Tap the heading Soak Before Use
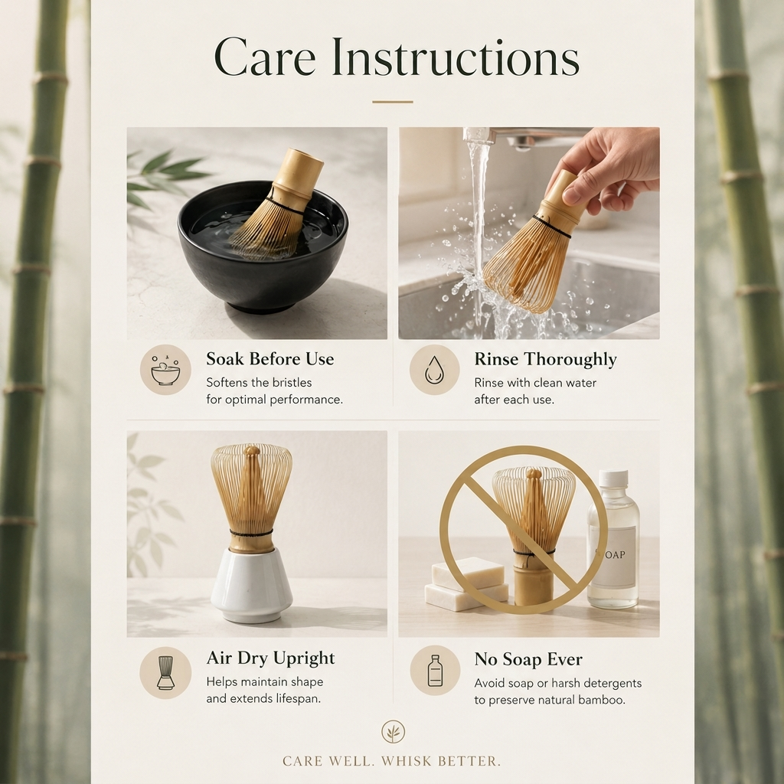click(x=270, y=359)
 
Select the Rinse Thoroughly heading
click(x=545, y=360)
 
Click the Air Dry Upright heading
click(x=270, y=658)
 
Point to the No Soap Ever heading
click(x=528, y=659)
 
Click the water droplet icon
click(x=434, y=370)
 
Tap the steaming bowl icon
click(x=165, y=371)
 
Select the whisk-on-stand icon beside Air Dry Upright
click(x=165, y=672)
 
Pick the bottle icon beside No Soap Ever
click(x=435, y=671)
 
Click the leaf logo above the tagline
click(x=393, y=732)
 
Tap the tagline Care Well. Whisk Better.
click(x=391, y=762)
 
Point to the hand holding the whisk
click(x=605, y=168)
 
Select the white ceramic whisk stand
click(x=251, y=585)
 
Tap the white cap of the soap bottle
click(x=613, y=479)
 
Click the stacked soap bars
click(x=466, y=584)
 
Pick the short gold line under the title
click(x=393, y=102)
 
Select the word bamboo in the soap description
click(x=602, y=700)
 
